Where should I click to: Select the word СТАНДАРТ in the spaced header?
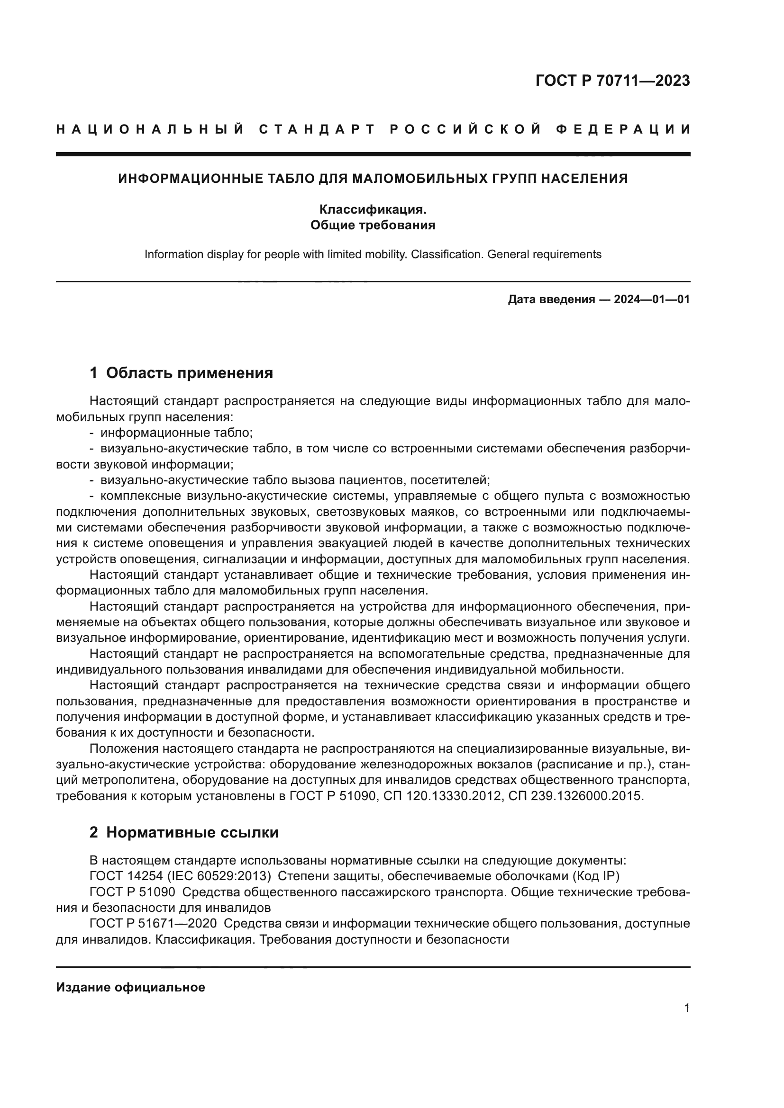point(317,129)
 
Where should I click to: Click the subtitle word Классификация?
point(373,209)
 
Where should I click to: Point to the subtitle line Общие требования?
point(373,225)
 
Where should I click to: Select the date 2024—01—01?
point(651,299)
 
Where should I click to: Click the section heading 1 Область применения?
point(182,372)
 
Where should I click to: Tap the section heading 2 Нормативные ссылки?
point(184,832)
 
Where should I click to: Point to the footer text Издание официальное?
point(130,987)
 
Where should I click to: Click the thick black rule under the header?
point(373,154)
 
